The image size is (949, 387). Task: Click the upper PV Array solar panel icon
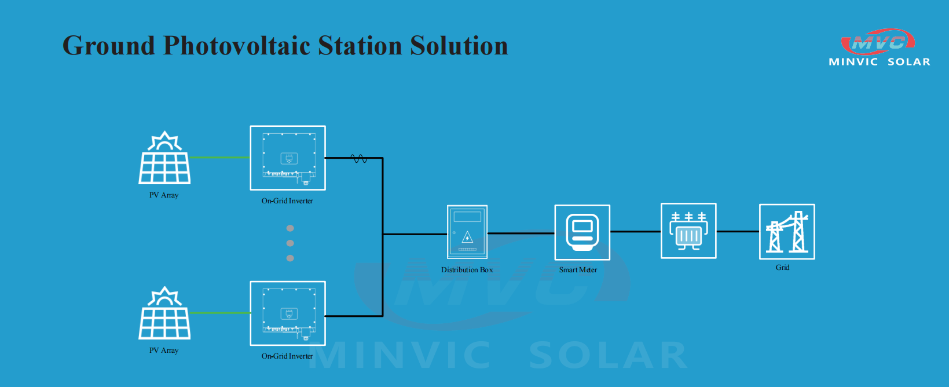pyautogui.click(x=164, y=157)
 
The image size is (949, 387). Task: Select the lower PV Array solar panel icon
pyautogui.click(x=164, y=313)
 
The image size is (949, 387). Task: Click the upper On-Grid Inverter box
pyautogui.click(x=288, y=158)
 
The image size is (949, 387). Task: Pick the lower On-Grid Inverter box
pyautogui.click(x=288, y=313)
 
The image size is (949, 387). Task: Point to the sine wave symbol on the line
pyautogui.click(x=359, y=159)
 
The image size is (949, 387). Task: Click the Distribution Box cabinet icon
pyautogui.click(x=467, y=232)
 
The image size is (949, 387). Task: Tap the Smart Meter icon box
pyautogui.click(x=582, y=232)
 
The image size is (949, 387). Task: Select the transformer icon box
pyautogui.click(x=688, y=231)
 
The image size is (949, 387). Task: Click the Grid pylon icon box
pyautogui.click(x=787, y=231)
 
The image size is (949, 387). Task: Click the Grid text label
pyautogui.click(x=782, y=268)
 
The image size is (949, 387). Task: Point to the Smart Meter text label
pyautogui.click(x=578, y=269)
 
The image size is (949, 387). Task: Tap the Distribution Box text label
pyautogui.click(x=467, y=269)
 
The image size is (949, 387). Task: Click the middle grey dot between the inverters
pyautogui.click(x=290, y=243)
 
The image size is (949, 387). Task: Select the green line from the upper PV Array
pyautogui.click(x=220, y=157)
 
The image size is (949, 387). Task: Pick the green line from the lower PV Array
pyautogui.click(x=220, y=313)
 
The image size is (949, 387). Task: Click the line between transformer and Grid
pyautogui.click(x=738, y=231)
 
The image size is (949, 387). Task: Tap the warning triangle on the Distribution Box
pyautogui.click(x=467, y=238)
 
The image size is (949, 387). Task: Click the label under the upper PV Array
pyautogui.click(x=164, y=195)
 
